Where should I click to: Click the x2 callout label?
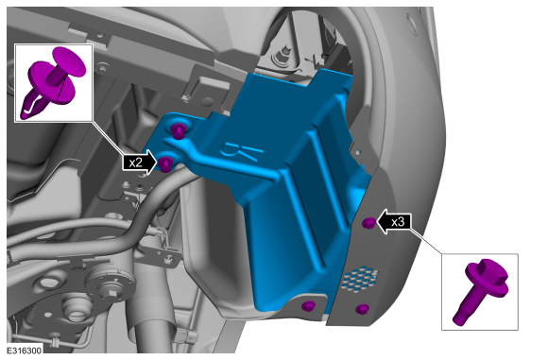coord(136,163)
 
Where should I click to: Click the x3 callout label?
coord(398,222)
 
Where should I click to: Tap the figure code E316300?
coord(24,351)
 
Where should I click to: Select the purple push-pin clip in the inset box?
coord(54,83)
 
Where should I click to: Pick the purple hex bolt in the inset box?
coord(481,291)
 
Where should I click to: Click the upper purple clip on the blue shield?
coord(179,130)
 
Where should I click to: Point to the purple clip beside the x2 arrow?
coord(164,163)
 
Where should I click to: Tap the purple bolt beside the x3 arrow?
coord(369,223)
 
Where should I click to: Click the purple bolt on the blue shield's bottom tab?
coord(308,306)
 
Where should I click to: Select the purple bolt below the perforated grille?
coord(362,309)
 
